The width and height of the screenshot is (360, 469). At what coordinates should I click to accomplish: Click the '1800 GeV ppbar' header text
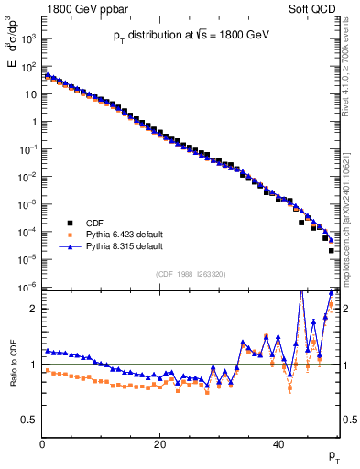tap(81, 8)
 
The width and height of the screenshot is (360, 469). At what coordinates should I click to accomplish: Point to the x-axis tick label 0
tap(42, 444)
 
